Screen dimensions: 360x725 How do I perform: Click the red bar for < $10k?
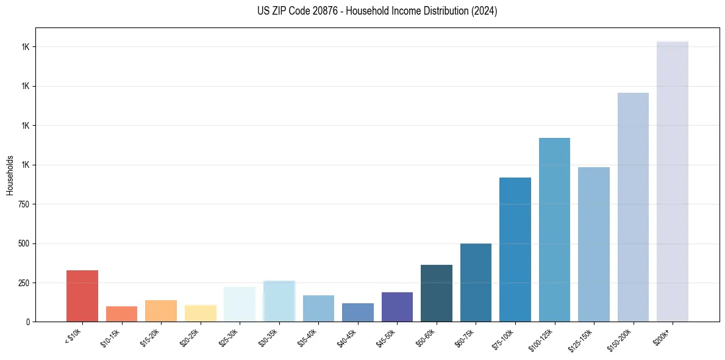(x=82, y=296)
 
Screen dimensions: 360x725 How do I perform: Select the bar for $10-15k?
(x=121, y=314)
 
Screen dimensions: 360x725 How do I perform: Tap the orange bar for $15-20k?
(x=161, y=311)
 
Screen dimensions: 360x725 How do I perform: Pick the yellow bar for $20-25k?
(x=200, y=313)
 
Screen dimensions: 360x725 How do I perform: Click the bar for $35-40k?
(x=318, y=308)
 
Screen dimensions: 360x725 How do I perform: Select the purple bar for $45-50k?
(x=397, y=307)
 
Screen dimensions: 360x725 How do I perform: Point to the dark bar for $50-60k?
(x=437, y=293)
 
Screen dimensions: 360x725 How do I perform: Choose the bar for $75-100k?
(x=515, y=250)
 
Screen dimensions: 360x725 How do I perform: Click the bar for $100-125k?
(x=554, y=229)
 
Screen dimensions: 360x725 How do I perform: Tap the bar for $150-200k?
(x=633, y=207)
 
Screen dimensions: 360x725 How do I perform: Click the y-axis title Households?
(x=10, y=175)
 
